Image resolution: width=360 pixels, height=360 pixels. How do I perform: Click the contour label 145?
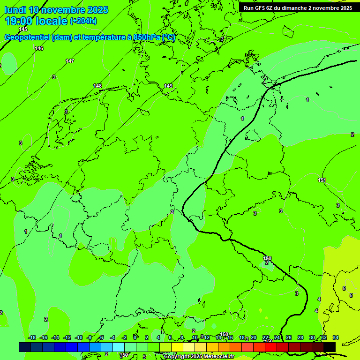click(x=23, y=30)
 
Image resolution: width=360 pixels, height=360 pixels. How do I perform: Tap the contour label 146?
click(x=39, y=48)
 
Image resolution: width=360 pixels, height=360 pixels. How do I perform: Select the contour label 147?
click(x=70, y=61)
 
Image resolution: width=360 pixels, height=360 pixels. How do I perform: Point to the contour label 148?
click(x=97, y=86)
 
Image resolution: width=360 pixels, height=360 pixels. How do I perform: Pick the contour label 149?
click(x=168, y=86)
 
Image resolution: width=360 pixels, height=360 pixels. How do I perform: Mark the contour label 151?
click(x=322, y=180)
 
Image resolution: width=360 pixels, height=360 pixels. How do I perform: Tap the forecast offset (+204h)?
click(x=83, y=21)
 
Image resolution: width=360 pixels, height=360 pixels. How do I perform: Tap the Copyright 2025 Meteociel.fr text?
click(x=199, y=357)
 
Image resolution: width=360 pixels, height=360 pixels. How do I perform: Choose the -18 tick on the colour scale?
click(x=32, y=337)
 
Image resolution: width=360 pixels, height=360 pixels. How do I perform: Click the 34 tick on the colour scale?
click(x=336, y=337)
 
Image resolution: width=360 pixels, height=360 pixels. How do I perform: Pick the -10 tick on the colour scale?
click(x=79, y=337)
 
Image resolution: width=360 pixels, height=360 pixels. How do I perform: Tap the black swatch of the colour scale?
click(x=330, y=347)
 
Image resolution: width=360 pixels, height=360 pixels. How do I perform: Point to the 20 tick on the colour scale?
click(x=254, y=337)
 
